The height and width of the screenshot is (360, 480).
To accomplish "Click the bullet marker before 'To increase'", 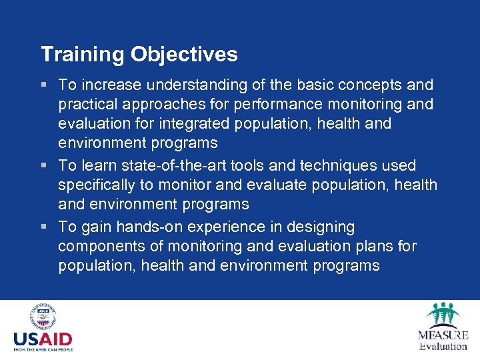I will coord(44,85).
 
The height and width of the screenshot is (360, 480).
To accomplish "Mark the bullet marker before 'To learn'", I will coord(44,165).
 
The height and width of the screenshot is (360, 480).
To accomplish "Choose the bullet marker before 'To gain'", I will coord(44,227).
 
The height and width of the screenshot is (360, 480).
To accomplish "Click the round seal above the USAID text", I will coord(43,317).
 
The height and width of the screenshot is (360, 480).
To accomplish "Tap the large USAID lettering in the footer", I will coord(43,340).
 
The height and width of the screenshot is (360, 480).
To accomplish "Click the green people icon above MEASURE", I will coord(442,315).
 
